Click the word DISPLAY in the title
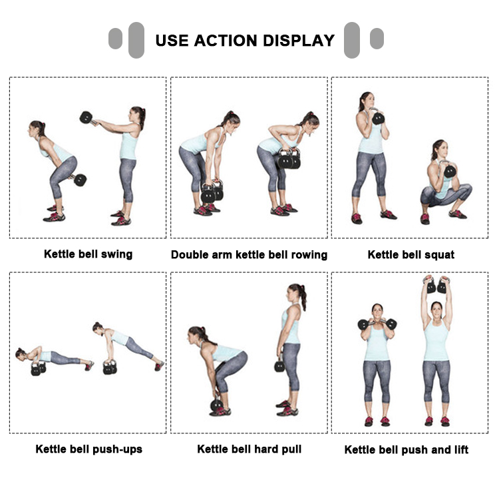coord(299,41)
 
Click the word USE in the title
coord(172,41)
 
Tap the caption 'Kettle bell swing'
coord(88,254)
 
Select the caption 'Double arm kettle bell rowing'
coord(249,255)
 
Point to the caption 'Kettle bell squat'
coord(411,255)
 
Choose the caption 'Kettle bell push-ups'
coord(88,449)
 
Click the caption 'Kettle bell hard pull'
coord(249,449)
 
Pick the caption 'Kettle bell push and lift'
coord(407,449)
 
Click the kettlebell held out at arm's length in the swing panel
coord(86,118)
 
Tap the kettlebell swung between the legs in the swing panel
coord(80,180)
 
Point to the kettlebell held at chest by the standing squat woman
coord(378,118)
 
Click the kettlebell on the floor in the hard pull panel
coord(216,405)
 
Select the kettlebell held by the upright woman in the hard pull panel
coord(279,366)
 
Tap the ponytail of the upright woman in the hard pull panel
coord(303,298)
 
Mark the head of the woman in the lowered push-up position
coord(21,354)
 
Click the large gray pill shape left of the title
coord(136,40)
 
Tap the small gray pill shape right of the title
coord(377,39)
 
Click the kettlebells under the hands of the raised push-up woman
coord(110,367)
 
